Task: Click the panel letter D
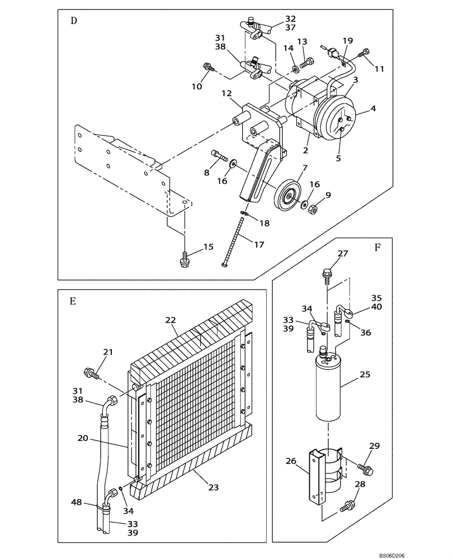73,21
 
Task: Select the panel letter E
73,301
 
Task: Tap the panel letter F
377,248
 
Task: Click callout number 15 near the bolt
209,247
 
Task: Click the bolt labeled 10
209,68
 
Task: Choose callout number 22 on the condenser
170,320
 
